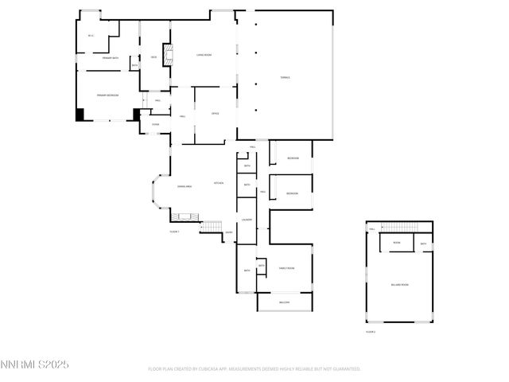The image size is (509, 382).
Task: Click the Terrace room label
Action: point(285,77)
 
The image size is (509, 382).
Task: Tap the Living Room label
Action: point(204,55)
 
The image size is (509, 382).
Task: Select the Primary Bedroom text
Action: point(107,95)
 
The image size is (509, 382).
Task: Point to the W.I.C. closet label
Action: point(91,36)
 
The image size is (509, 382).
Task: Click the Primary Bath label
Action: point(111,58)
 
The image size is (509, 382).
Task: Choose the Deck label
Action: point(153,57)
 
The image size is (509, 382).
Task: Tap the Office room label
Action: point(215,115)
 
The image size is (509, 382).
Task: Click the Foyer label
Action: point(155,124)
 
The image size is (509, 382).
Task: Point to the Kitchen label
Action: point(218,183)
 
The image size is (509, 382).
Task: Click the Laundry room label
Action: point(247,220)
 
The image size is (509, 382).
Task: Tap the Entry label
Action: point(228,233)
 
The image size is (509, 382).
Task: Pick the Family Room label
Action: point(286,268)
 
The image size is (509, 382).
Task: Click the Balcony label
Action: point(285,302)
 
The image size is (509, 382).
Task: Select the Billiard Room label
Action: point(399,284)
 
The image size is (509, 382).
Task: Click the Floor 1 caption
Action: point(175,232)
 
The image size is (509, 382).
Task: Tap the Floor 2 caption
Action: point(371,331)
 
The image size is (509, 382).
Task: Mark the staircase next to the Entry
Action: point(211,228)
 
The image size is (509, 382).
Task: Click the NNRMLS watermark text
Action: point(35,364)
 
